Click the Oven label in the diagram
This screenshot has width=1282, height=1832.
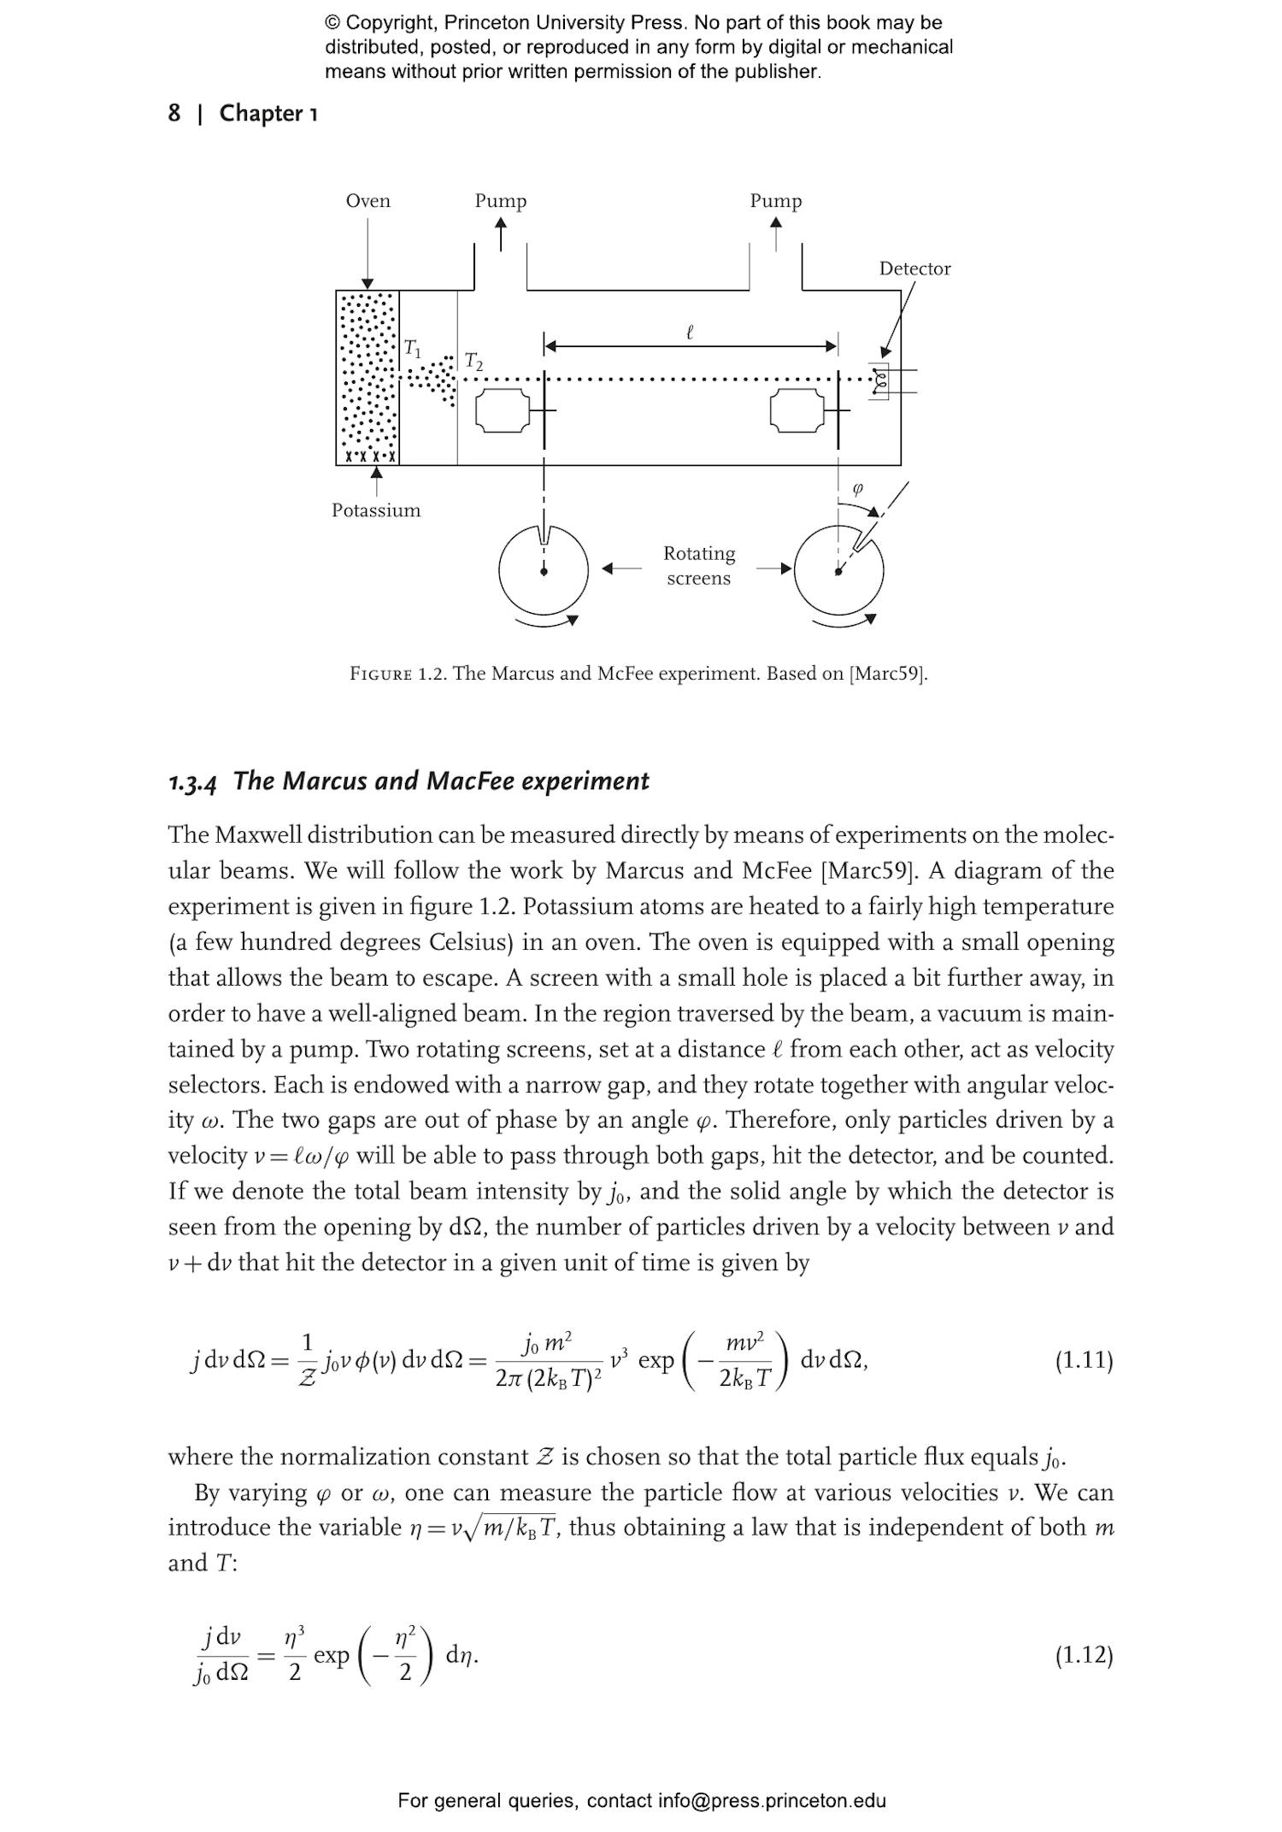(x=368, y=201)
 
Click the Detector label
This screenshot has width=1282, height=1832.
(x=914, y=268)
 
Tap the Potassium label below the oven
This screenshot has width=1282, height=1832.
(x=376, y=510)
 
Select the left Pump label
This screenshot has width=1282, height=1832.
(x=501, y=201)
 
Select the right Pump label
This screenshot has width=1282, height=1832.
(x=776, y=201)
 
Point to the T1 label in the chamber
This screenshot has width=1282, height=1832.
(x=412, y=348)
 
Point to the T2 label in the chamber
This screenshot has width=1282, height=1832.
(x=473, y=361)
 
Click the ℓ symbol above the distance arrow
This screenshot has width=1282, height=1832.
(x=690, y=332)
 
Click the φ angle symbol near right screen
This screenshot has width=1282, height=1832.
(x=858, y=488)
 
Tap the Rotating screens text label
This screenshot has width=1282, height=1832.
(x=698, y=565)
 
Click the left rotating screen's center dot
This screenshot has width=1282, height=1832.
(x=544, y=572)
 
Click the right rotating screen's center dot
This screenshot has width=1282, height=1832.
(x=838, y=572)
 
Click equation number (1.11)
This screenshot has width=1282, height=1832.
(x=1084, y=1359)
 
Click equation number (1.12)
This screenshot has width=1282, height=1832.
(x=1084, y=1655)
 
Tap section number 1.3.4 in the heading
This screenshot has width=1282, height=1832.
(x=192, y=782)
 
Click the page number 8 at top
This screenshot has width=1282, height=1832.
(x=174, y=113)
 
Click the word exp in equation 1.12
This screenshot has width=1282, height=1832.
(x=332, y=1655)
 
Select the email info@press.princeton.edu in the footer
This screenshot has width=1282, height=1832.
(x=771, y=1800)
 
